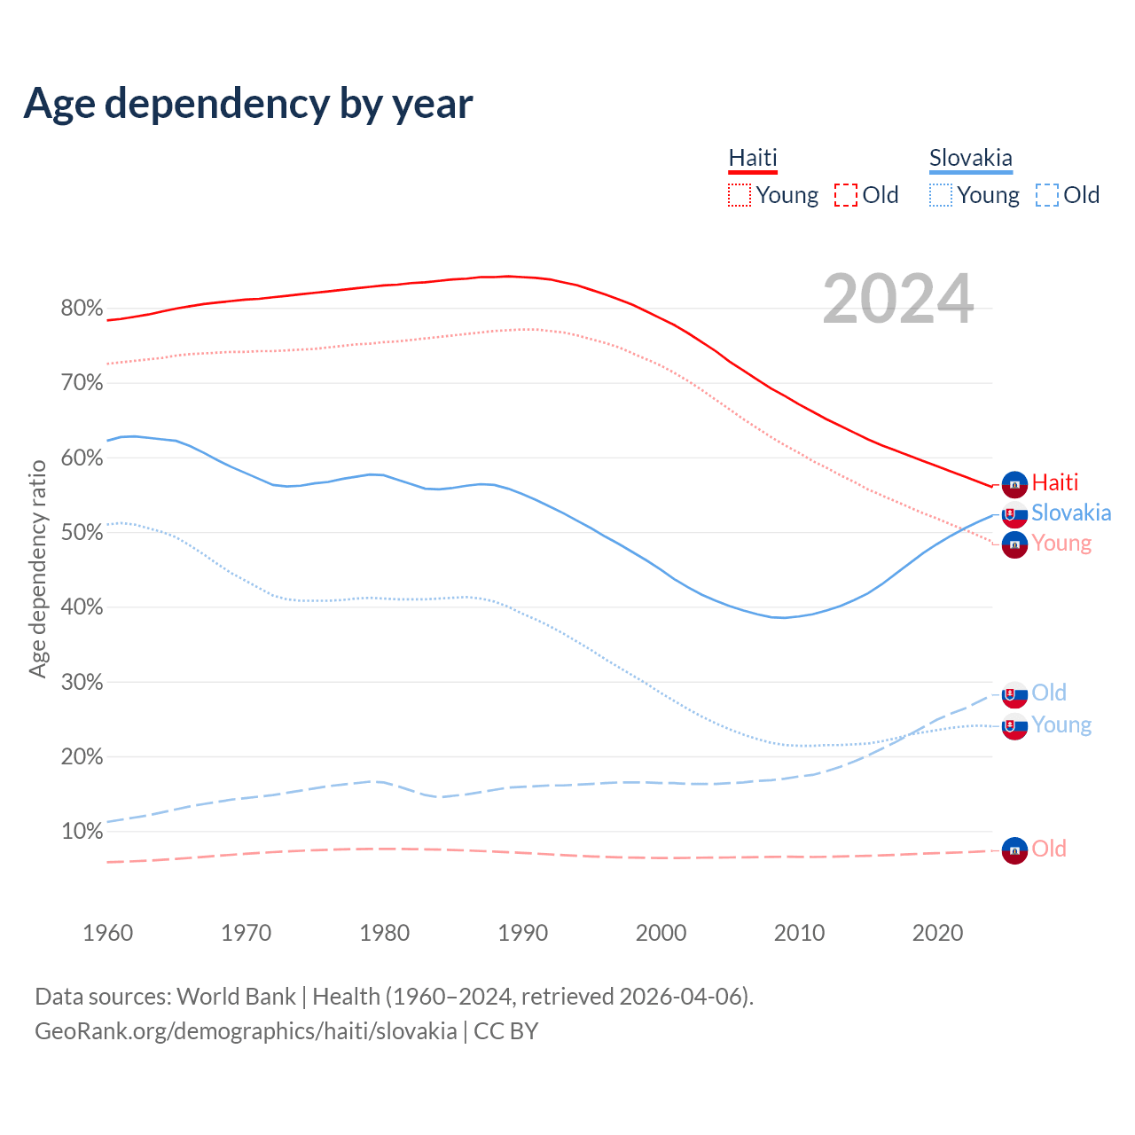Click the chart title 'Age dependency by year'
pyautogui.click(x=248, y=104)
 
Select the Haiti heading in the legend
pyautogui.click(x=753, y=158)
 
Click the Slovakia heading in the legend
pyautogui.click(x=970, y=158)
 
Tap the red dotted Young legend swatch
pyautogui.click(x=739, y=195)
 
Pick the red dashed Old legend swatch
pyautogui.click(x=845, y=195)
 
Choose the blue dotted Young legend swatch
pyautogui.click(x=940, y=195)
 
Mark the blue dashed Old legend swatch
pyautogui.click(x=1046, y=195)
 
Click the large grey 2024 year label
pyautogui.click(x=897, y=300)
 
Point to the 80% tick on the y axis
pyautogui.click(x=82, y=309)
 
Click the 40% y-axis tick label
pyautogui.click(x=82, y=607)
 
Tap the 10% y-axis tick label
pyautogui.click(x=82, y=832)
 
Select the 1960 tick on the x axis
pyautogui.click(x=107, y=933)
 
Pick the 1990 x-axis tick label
pyautogui.click(x=522, y=933)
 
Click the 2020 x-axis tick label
pyautogui.click(x=937, y=933)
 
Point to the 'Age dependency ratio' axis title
pyautogui.click(x=38, y=568)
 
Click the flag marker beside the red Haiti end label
pyautogui.click(x=1014, y=484)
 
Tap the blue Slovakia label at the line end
pyautogui.click(x=1071, y=513)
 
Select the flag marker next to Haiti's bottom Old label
pyautogui.click(x=1014, y=849)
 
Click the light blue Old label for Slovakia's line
pyautogui.click(x=1049, y=693)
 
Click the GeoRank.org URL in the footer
pyautogui.click(x=246, y=1031)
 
